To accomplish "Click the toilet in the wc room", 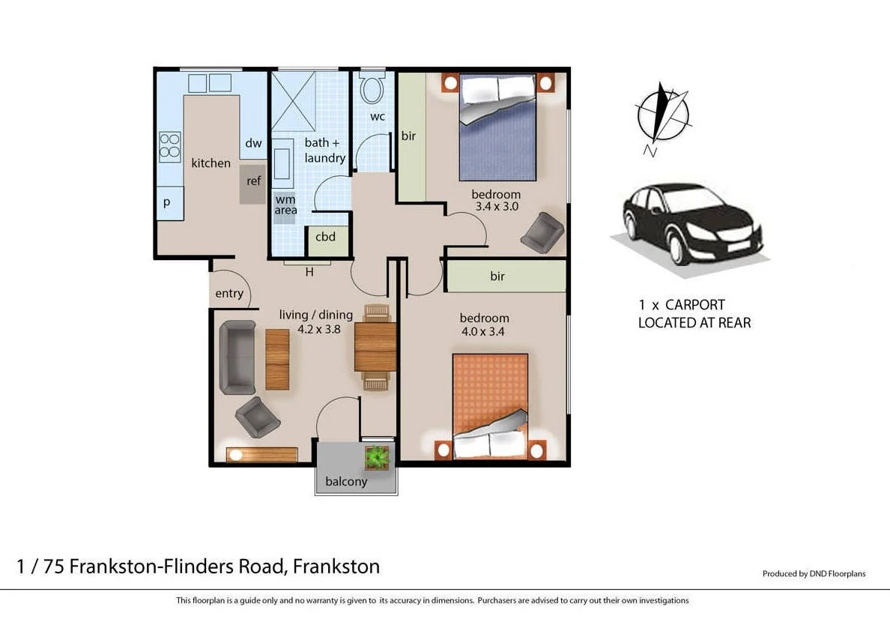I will coord(372,89).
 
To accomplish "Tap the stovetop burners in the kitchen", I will coord(170,147).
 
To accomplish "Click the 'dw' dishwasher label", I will coord(253,143).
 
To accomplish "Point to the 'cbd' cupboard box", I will coord(326,238).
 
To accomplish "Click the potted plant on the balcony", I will coord(377,456).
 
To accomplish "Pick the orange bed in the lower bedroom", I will coord(490,405).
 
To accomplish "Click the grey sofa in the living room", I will coord(237,357).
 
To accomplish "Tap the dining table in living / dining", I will coord(375,347).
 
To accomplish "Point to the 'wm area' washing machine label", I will coord(285,205).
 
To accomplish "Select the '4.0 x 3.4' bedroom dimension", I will coord(484,331).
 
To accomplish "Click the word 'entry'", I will coord(229,293).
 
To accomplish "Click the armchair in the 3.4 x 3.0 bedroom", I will coord(542,232).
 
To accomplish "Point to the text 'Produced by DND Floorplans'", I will coord(814,574).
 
